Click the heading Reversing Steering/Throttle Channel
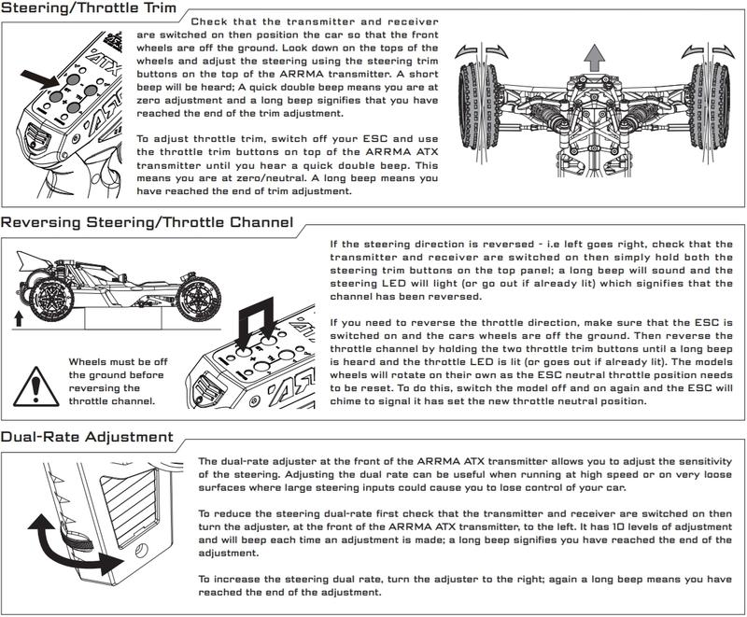pos(147,222)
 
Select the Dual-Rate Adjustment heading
pos(86,437)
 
